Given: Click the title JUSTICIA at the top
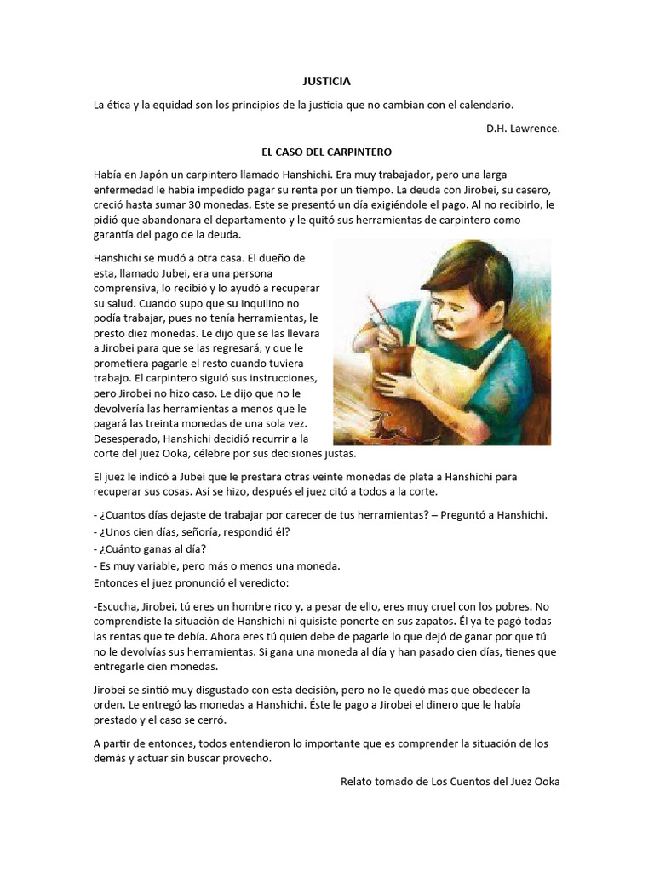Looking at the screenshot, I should [x=327, y=82].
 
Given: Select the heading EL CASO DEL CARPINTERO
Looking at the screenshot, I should [x=327, y=152].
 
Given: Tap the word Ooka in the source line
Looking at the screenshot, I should [x=545, y=781].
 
